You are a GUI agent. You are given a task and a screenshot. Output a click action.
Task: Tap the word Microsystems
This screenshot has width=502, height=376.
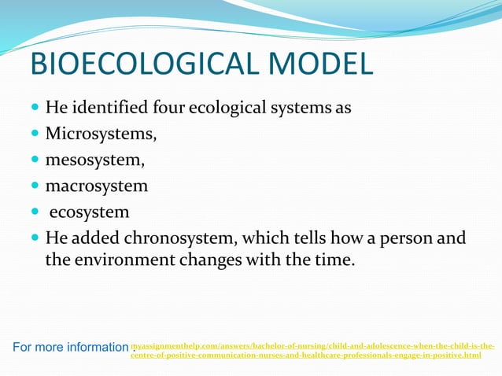(x=101, y=133)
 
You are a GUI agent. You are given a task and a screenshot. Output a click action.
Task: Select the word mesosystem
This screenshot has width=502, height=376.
(x=95, y=160)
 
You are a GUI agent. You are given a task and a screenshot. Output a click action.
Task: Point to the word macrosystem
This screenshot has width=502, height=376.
(x=96, y=186)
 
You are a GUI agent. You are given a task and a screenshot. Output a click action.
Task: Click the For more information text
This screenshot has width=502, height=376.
(x=70, y=347)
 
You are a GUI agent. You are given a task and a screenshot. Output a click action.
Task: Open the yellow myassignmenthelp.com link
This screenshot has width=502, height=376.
(x=312, y=351)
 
